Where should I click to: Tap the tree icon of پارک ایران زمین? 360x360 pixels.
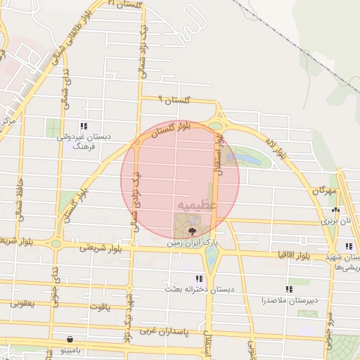pyautogui.click(x=193, y=230)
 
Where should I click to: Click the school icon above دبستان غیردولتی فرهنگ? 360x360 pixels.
pyautogui.click(x=84, y=125)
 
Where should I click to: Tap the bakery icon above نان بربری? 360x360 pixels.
pyautogui.click(x=335, y=210)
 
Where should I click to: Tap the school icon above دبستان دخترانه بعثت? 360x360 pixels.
pyautogui.click(x=207, y=278)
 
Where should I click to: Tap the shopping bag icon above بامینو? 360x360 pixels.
pyautogui.click(x=69, y=338)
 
